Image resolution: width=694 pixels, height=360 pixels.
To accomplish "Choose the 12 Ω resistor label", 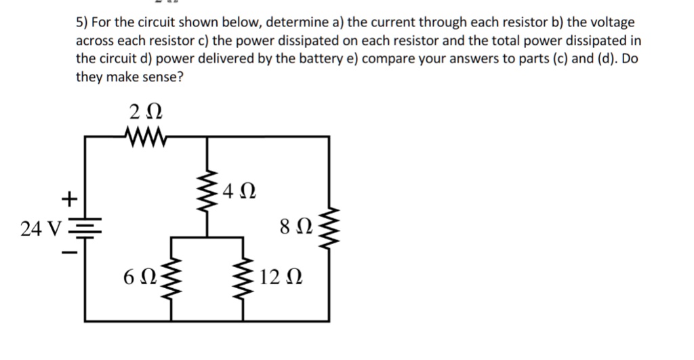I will click(279, 277).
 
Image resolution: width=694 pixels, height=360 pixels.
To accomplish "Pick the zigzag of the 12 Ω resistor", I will click(242, 278).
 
